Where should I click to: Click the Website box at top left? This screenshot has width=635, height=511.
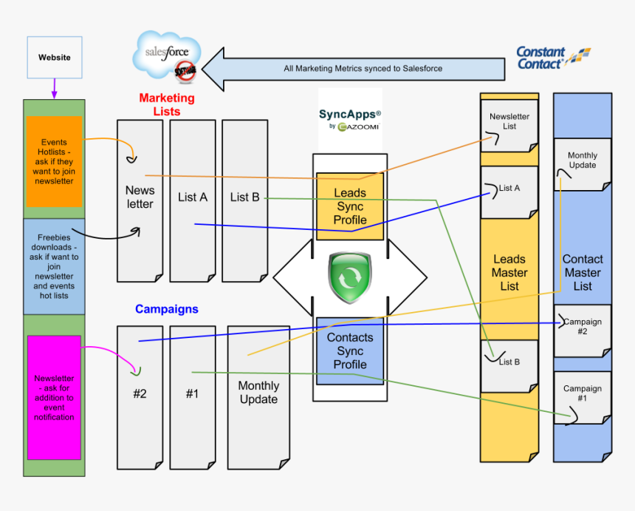(54, 57)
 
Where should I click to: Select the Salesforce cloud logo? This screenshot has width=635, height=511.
(167, 56)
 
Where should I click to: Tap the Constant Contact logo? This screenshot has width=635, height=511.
(552, 58)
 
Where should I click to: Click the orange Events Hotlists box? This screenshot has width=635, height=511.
(54, 161)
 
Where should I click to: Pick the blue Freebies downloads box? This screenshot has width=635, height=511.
(54, 266)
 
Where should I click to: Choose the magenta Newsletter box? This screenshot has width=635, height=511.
(54, 397)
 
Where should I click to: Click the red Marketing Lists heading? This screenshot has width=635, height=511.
(167, 104)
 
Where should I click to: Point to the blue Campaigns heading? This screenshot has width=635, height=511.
(167, 309)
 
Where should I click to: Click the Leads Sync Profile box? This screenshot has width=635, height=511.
(350, 206)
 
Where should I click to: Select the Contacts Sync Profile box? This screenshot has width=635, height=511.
(350, 351)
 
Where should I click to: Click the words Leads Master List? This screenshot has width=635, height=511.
(509, 272)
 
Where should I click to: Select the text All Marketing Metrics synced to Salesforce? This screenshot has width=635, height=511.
(363, 69)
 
